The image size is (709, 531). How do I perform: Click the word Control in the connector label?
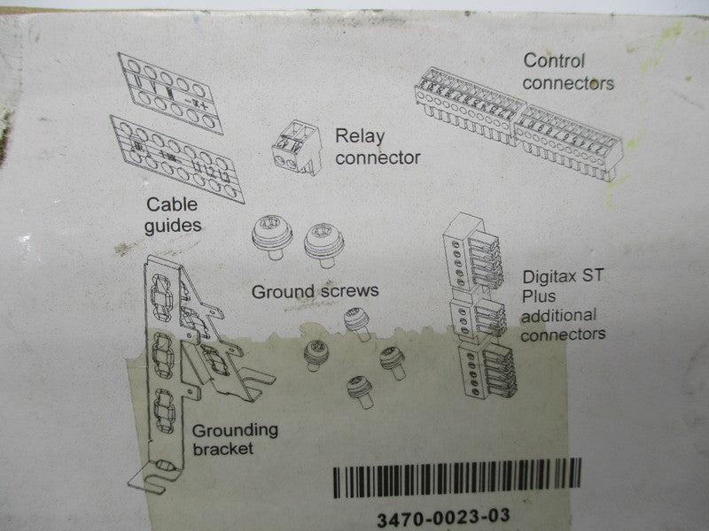point(554,61)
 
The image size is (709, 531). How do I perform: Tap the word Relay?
point(360,137)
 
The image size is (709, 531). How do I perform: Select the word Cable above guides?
point(172,204)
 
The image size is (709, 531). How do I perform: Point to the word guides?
point(173,227)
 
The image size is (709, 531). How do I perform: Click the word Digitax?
point(549,277)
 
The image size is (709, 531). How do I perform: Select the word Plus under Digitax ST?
point(539,296)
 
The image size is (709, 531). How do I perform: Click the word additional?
point(559,315)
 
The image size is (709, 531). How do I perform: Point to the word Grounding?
point(235,431)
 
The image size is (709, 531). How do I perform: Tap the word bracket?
point(223,449)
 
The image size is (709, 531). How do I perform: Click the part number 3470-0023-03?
point(443,518)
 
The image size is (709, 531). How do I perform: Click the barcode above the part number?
point(457,478)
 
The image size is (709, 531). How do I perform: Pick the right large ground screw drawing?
point(323,245)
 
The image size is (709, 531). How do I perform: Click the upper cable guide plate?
point(170,94)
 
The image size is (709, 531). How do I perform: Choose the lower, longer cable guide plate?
point(176,159)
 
